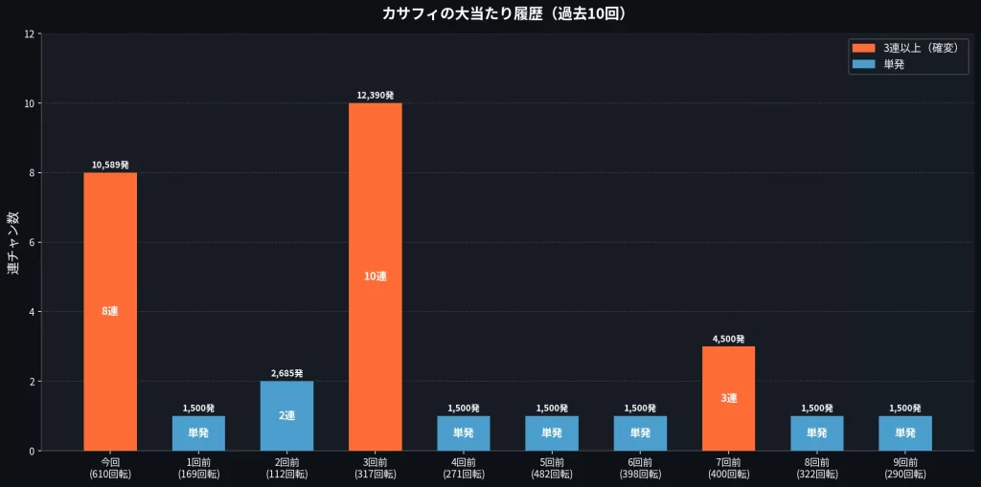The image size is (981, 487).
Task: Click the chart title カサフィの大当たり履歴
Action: pos(490,13)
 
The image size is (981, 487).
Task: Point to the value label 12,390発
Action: pos(376,96)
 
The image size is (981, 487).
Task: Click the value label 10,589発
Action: pos(110,165)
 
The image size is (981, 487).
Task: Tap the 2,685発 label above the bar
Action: pos(286,373)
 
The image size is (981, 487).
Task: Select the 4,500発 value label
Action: pos(728,339)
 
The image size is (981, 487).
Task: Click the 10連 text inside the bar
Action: pos(376,277)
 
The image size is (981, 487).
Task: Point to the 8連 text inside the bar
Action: pos(110,311)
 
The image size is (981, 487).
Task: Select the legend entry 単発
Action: pos(894,64)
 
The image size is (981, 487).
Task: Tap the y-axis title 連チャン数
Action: pos(13,242)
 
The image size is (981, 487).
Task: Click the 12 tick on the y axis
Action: pos(29,34)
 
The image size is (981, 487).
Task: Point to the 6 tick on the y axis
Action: pos(32,242)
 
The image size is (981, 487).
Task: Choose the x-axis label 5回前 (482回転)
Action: pos(552,468)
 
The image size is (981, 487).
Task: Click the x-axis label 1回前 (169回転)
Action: pos(198,468)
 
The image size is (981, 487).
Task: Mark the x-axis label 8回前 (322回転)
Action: pos(817,468)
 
